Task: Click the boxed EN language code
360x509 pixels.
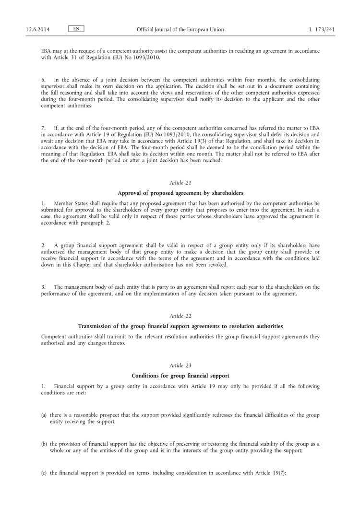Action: [x=76, y=29]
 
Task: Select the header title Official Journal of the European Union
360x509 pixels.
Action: [x=180, y=30]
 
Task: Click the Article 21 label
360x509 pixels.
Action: [x=180, y=182]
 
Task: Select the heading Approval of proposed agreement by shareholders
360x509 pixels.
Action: [x=180, y=193]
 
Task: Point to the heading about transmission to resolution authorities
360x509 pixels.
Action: [x=180, y=326]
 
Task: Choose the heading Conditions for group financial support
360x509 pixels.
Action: [x=180, y=375]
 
